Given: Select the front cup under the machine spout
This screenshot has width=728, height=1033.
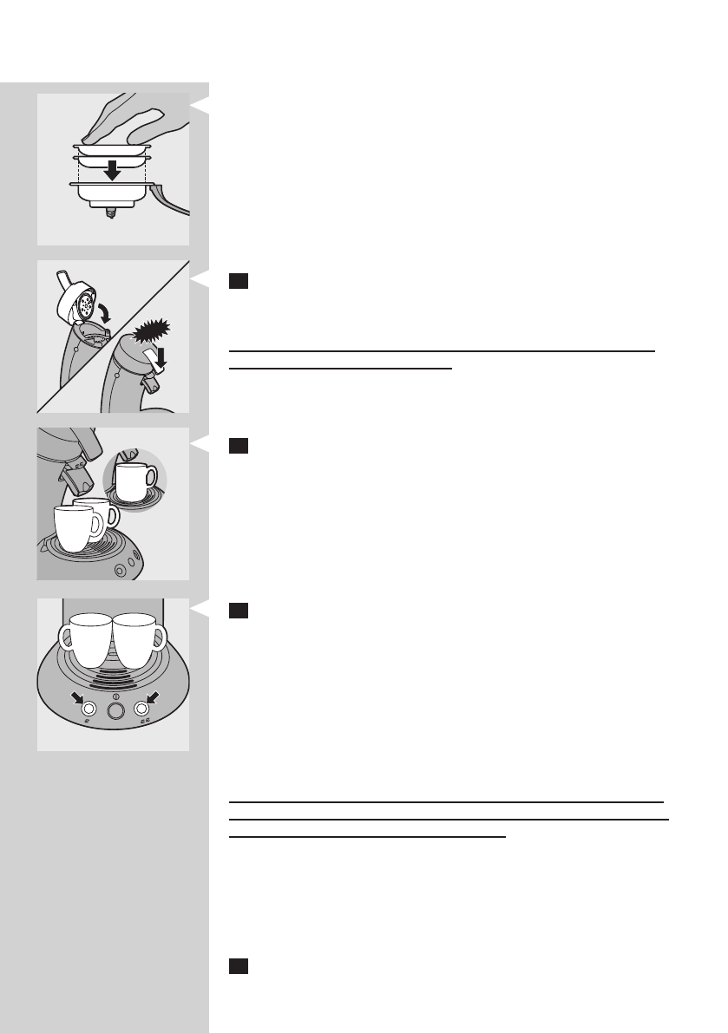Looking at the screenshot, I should point(77,528).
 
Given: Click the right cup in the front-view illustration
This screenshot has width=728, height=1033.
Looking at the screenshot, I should point(140,641).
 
